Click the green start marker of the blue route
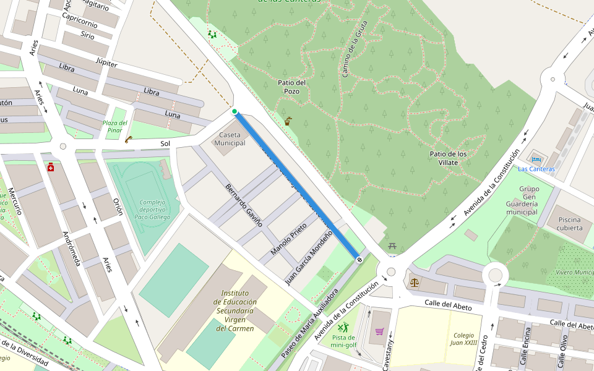pyautogui.click(x=235, y=112)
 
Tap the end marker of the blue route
pyautogui.click(x=359, y=260)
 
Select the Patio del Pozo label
pyautogui.click(x=293, y=87)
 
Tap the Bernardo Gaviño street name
pyautogui.click(x=244, y=205)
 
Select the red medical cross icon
pyautogui.click(x=51, y=168)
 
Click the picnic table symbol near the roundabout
pyautogui.click(x=392, y=247)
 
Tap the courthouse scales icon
pyautogui.click(x=414, y=283)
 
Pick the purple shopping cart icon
pyautogui.click(x=379, y=331)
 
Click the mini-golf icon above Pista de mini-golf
pyautogui.click(x=343, y=327)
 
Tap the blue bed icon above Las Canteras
pyautogui.click(x=536, y=160)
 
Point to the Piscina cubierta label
pyautogui.click(x=569, y=224)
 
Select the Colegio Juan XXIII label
pyautogui.click(x=463, y=338)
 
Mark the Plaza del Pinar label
pyautogui.click(x=115, y=126)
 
